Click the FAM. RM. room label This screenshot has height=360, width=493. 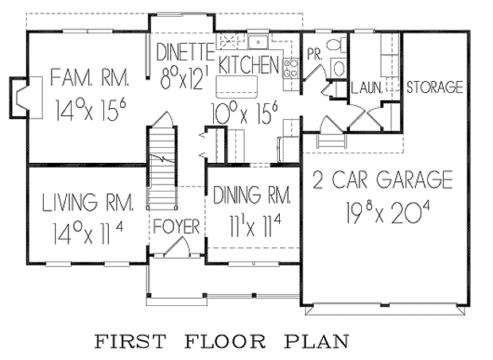[90, 78]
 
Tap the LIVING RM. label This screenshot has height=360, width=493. [88, 202]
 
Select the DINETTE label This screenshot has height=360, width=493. [185, 52]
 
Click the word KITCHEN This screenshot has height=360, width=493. [248, 64]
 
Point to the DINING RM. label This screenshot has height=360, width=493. [252, 195]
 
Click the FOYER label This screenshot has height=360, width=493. [176, 227]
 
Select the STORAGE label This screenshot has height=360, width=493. [435, 87]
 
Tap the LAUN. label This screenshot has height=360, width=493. [367, 88]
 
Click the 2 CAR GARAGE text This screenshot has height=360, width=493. [382, 180]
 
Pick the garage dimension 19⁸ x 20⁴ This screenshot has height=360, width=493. [388, 212]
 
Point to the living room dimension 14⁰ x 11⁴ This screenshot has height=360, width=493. [88, 233]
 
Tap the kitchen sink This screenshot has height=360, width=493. [258, 42]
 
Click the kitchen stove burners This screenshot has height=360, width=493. [291, 67]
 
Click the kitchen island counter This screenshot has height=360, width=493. [237, 87]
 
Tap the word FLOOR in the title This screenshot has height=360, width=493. [225, 342]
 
